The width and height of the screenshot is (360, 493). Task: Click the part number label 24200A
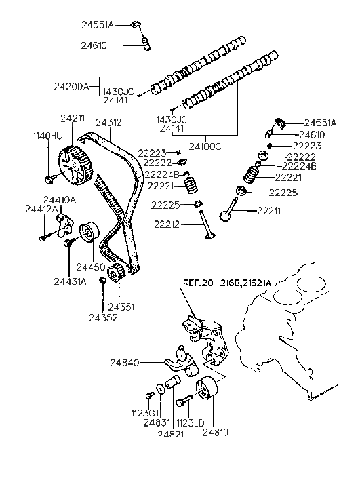pos(71,86)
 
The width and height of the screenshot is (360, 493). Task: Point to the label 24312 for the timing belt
pos(108,123)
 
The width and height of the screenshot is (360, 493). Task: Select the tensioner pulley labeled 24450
pos(88,235)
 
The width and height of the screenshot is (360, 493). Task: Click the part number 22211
pos(274,211)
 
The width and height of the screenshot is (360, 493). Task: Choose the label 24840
pos(125,363)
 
